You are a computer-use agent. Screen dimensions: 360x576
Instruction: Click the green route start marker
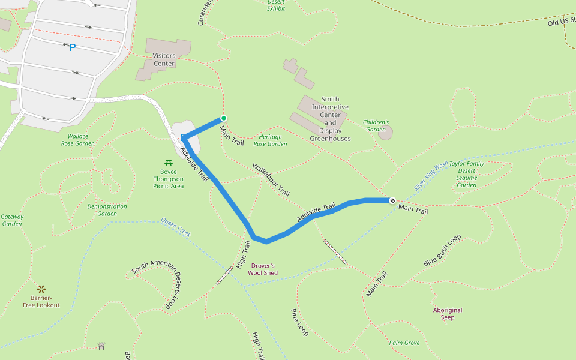224,118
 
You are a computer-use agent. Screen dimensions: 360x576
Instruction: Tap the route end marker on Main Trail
392,200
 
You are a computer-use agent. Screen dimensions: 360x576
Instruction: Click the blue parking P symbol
73,47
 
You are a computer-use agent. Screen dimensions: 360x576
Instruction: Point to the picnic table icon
168,163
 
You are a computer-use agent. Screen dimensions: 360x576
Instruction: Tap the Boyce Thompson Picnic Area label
168,178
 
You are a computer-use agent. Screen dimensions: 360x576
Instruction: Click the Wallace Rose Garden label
78,140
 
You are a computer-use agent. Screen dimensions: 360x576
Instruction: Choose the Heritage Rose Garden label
270,140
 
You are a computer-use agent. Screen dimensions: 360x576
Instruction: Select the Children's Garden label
376,125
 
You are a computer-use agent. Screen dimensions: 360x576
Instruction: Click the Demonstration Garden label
107,210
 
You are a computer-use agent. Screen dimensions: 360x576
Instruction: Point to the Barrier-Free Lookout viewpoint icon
41,289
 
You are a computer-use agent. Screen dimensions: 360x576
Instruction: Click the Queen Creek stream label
175,227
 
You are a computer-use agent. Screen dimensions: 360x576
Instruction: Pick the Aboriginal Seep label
448,313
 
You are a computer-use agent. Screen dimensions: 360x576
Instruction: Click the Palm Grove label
404,343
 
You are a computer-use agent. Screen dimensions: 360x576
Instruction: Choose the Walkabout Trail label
271,180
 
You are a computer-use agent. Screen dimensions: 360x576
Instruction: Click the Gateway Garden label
12,220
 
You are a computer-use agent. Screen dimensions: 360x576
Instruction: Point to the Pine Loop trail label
299,322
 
